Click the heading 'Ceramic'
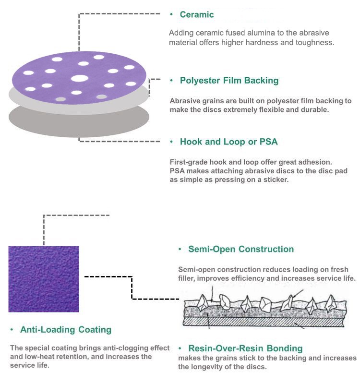tap(197, 14)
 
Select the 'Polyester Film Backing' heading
tap(229, 81)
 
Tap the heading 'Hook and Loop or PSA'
tap(228, 142)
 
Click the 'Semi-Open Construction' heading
tap(241, 249)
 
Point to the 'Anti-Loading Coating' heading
tap(66, 330)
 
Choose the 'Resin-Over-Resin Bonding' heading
tap(245, 348)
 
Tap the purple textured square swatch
tap(44, 279)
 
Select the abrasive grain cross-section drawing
tap(264, 312)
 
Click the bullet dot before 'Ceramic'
tap(171, 15)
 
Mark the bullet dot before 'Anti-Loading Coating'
tap(12, 330)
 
